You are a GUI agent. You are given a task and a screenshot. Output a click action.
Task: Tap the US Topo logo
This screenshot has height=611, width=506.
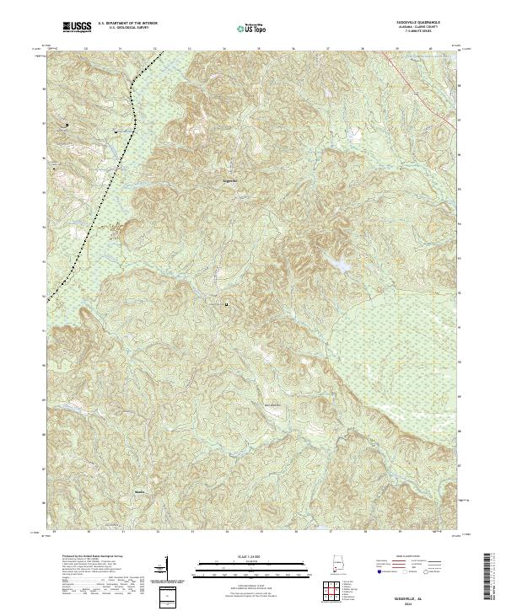(247, 29)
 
